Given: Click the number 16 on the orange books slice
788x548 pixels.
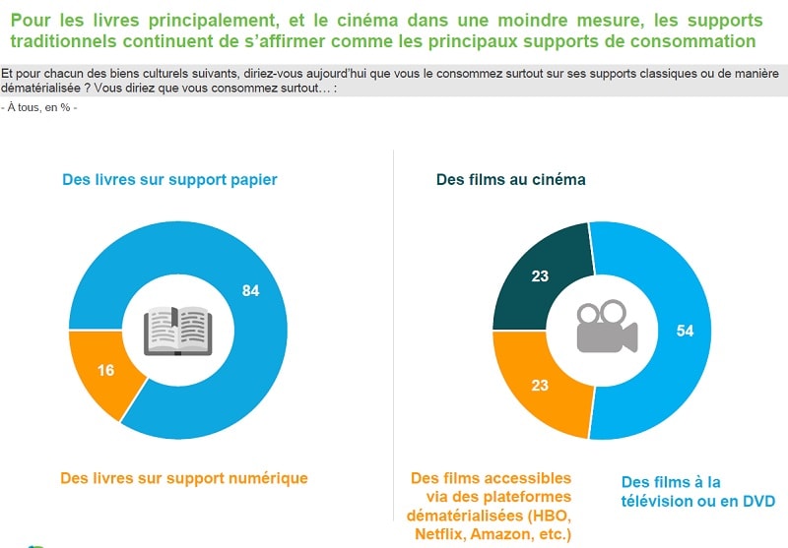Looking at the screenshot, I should [x=107, y=370].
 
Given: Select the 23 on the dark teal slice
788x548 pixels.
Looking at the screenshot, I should [x=539, y=276].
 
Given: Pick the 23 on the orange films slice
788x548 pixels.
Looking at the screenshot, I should [x=539, y=386].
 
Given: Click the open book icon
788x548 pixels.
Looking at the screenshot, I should [x=177, y=331].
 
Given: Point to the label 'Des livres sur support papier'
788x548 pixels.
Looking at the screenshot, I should [x=169, y=180].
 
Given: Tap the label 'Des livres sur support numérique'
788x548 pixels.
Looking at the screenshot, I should [x=184, y=478].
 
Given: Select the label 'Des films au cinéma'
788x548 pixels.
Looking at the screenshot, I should [x=510, y=180].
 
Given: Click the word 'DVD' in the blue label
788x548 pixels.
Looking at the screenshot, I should [x=757, y=501].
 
